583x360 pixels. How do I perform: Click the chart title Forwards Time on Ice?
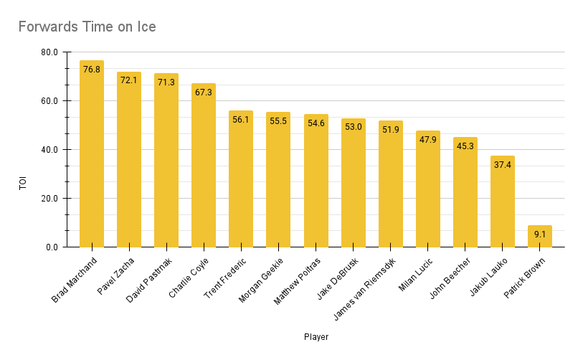coord(87,27)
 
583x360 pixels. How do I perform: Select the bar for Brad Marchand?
coord(92,154)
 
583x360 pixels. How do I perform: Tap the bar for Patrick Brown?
coord(540,237)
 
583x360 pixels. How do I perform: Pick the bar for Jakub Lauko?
coord(503,202)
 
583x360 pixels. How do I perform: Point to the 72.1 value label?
coord(129,80)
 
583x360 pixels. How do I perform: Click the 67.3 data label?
coord(204,93)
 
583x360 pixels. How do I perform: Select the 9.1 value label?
coord(540,234)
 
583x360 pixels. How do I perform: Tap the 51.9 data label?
coord(391,130)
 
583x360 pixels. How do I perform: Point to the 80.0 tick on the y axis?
coord(49,52)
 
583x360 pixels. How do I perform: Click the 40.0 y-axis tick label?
coord(49,150)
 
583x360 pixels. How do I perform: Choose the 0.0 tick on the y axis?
coord(52,247)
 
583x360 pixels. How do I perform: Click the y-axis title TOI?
coord(23,184)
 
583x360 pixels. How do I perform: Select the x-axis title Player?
coord(316,336)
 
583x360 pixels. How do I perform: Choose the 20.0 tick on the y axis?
coord(49,199)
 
